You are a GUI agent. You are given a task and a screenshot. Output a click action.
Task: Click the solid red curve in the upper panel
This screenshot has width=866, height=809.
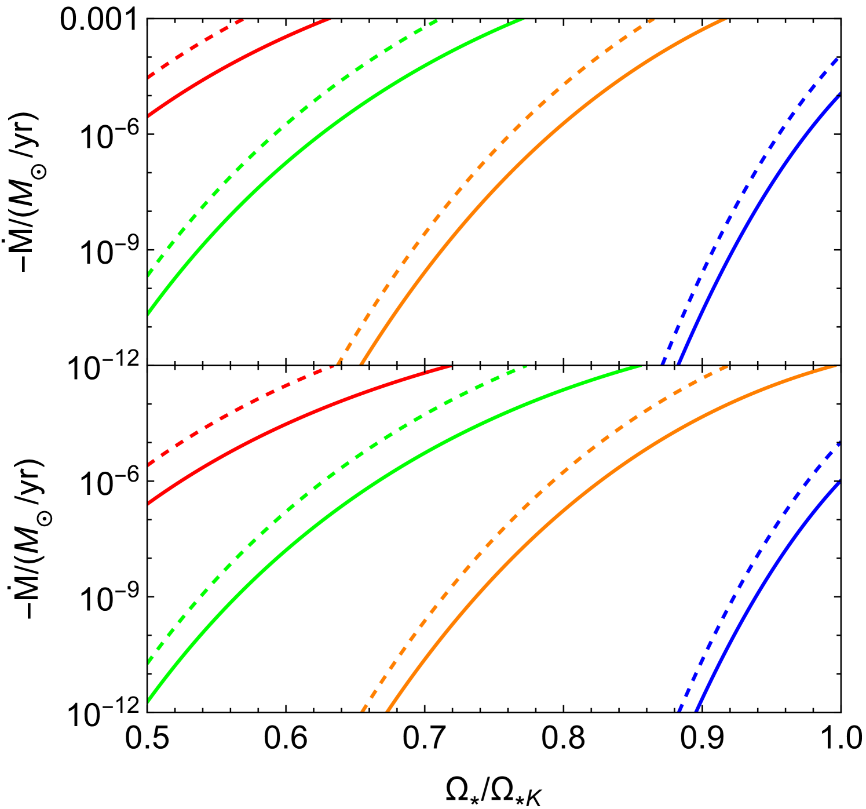coord(232,64)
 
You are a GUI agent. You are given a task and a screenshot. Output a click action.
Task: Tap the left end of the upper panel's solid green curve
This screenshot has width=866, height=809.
coord(149,313)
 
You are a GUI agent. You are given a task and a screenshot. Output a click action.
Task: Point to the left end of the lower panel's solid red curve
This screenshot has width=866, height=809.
coord(149,503)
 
